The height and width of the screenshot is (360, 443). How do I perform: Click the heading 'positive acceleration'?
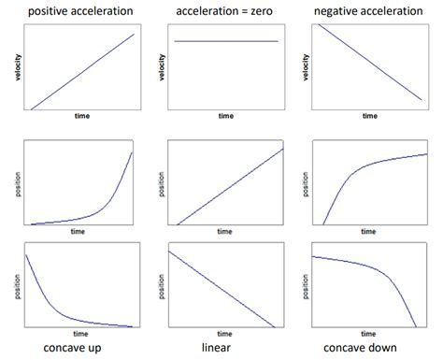tap(79, 10)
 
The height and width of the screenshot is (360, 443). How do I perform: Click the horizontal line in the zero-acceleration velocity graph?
tap(226, 41)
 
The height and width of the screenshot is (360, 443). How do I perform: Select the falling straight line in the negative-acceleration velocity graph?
tap(370, 62)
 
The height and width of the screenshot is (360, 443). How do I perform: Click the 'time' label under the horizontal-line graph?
tap(226, 117)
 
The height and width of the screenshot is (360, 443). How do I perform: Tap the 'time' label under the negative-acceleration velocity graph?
tap(370, 117)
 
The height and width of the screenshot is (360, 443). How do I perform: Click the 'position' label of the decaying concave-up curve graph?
tap(18, 285)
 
